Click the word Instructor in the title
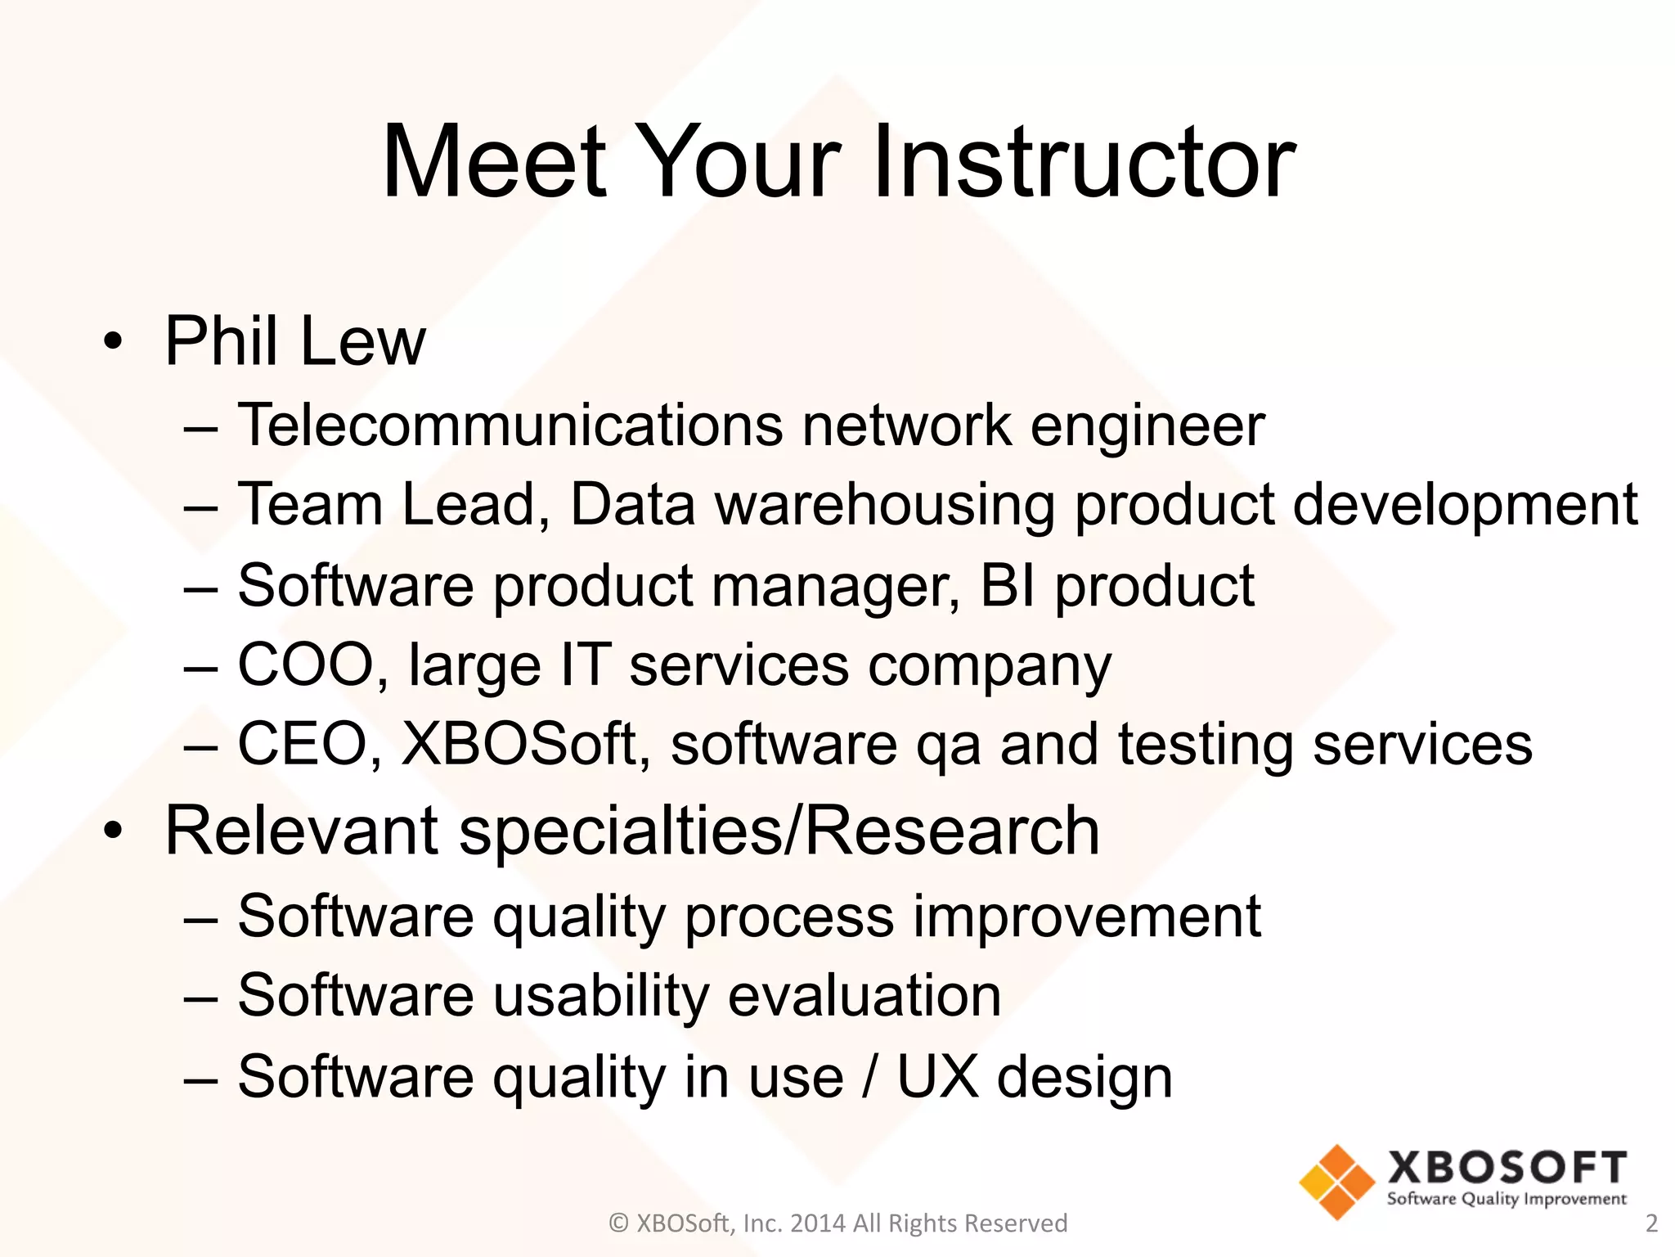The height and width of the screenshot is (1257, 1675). [1083, 161]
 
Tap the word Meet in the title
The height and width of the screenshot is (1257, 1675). [494, 161]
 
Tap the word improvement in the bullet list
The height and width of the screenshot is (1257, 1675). [1087, 916]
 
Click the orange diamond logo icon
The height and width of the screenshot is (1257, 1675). [1337, 1182]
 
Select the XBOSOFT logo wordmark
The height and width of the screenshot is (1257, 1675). [1507, 1168]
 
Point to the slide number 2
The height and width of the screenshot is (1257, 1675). [1651, 1223]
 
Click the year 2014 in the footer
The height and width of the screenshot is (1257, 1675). [818, 1223]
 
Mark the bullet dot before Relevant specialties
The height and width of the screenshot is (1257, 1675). [114, 831]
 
